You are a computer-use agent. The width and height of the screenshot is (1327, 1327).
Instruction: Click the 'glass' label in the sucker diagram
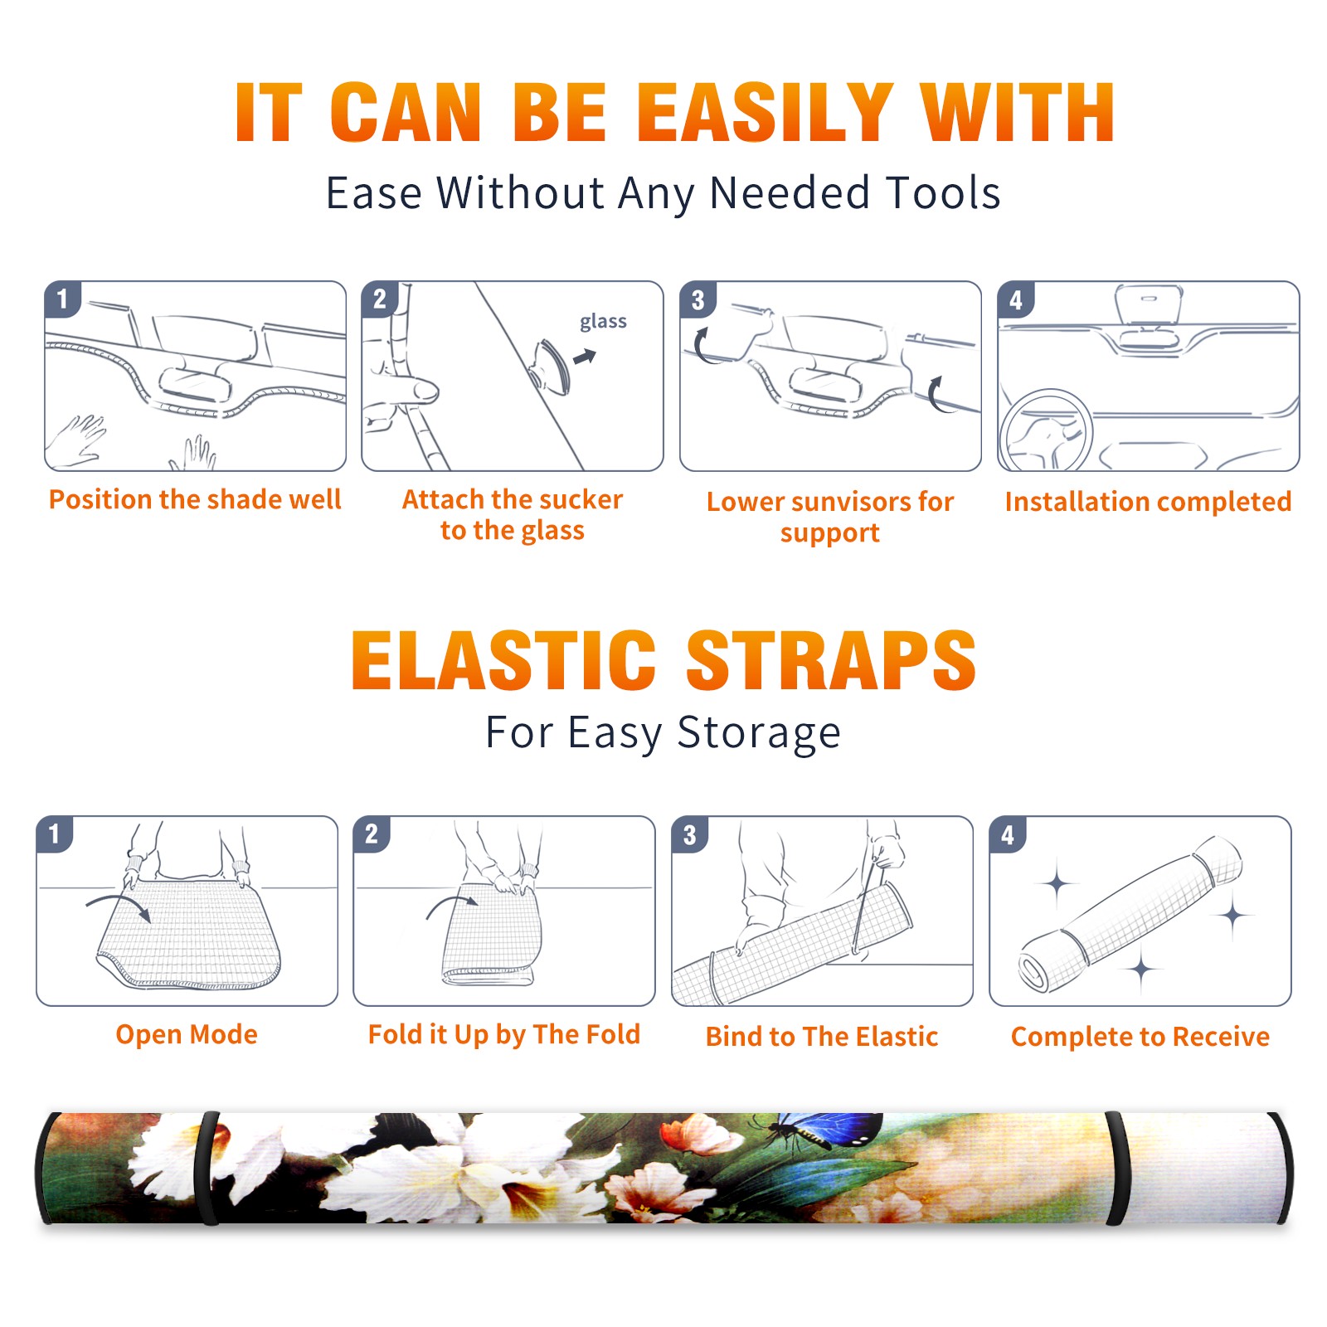(x=603, y=322)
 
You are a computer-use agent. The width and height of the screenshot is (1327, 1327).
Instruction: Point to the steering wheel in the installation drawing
(x=1045, y=430)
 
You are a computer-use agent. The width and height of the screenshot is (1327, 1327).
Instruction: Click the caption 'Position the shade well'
(x=195, y=499)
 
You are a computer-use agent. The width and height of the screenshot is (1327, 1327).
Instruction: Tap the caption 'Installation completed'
(x=1148, y=501)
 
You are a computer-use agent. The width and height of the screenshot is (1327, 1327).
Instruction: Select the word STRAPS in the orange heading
(x=831, y=660)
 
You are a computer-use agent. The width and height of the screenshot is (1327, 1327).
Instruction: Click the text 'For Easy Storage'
(x=663, y=732)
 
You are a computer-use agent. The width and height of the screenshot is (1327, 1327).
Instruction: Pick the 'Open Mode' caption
(x=187, y=1034)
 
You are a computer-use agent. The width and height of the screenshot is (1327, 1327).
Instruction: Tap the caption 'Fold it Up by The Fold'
(x=504, y=1035)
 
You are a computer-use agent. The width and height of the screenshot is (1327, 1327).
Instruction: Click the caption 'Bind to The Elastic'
(x=822, y=1037)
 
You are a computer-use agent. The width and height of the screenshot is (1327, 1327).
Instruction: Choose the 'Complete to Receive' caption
(x=1140, y=1037)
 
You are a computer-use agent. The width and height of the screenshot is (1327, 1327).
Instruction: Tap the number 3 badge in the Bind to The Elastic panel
(x=689, y=834)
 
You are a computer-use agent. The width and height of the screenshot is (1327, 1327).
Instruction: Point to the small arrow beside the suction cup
(x=585, y=357)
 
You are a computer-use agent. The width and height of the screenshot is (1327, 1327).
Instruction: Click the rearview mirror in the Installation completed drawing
(x=1149, y=307)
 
